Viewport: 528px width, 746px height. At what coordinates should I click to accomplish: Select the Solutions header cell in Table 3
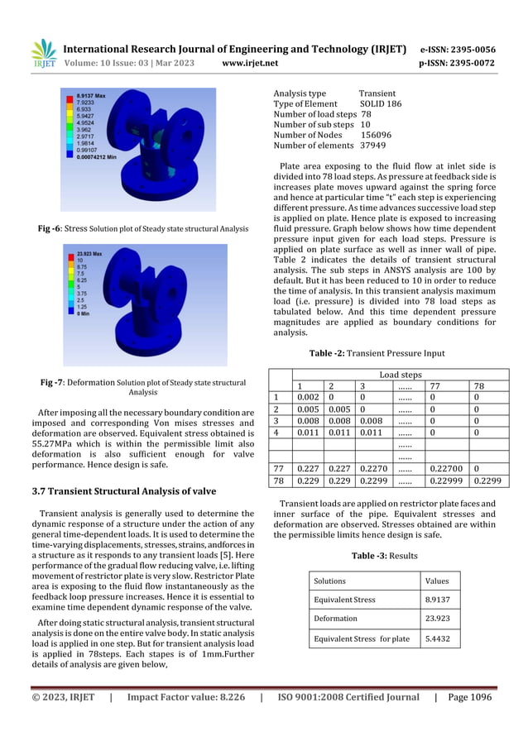pos(329,581)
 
